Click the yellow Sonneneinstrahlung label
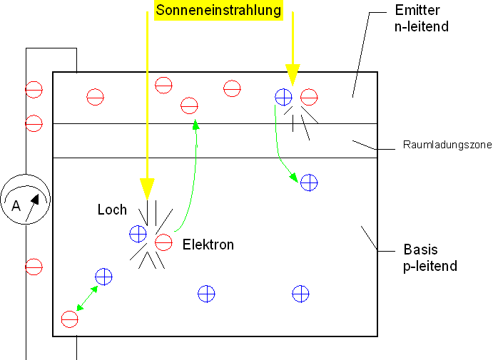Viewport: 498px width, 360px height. (218, 11)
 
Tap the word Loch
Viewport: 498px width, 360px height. (112, 210)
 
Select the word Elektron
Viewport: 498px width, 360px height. (208, 245)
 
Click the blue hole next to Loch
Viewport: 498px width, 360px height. (138, 233)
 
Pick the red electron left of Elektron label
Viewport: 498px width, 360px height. (163, 242)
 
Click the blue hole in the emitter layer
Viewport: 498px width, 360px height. (283, 96)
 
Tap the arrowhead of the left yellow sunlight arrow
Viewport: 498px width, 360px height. (146, 190)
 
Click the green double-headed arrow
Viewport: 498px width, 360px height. (87, 297)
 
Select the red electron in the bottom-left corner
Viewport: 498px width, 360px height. (69, 319)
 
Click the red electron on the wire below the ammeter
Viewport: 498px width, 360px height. (34, 267)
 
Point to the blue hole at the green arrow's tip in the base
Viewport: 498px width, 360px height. (308, 182)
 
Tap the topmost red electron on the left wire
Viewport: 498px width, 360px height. (34, 90)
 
